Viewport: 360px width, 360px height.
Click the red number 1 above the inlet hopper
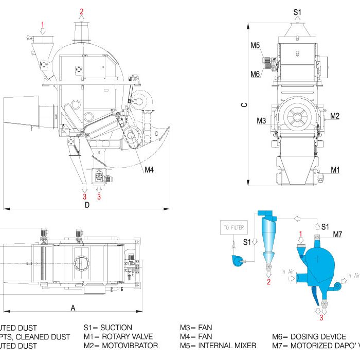[43, 24]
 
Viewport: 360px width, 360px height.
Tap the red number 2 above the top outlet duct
[81, 11]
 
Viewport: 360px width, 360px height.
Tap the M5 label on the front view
[256, 46]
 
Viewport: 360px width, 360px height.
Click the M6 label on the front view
[256, 74]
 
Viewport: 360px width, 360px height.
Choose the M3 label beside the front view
[261, 121]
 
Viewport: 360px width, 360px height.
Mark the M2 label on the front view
[335, 116]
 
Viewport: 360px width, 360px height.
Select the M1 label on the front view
[335, 169]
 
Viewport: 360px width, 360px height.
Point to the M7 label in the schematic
[337, 235]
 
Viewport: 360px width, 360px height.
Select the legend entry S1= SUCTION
[108, 327]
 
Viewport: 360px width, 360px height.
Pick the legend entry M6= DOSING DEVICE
[309, 337]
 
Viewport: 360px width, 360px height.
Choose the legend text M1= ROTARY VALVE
[118, 337]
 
